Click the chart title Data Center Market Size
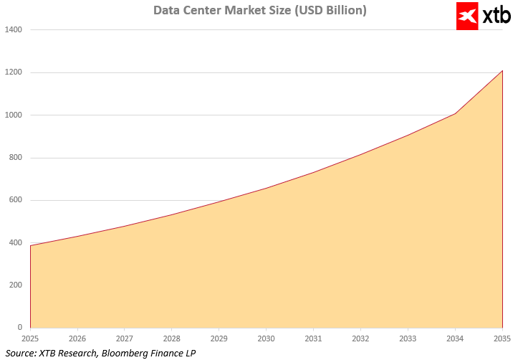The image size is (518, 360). pyautogui.click(x=260, y=11)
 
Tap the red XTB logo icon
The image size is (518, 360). pyautogui.click(x=467, y=16)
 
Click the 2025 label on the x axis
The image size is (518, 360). pyautogui.click(x=30, y=338)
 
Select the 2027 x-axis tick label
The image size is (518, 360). pyautogui.click(x=125, y=338)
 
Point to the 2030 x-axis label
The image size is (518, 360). pyautogui.click(x=266, y=338)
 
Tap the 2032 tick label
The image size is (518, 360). pyautogui.click(x=360, y=338)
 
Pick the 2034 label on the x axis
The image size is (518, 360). pyautogui.click(x=455, y=338)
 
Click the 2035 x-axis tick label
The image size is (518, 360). pyautogui.click(x=502, y=338)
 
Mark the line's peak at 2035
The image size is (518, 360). pyautogui.click(x=502, y=71)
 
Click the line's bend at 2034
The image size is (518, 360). pyautogui.click(x=455, y=114)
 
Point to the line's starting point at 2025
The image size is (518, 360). pyautogui.click(x=31, y=245)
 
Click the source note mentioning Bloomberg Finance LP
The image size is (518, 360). pyautogui.click(x=100, y=352)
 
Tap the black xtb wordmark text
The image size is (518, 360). pyautogui.click(x=496, y=16)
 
